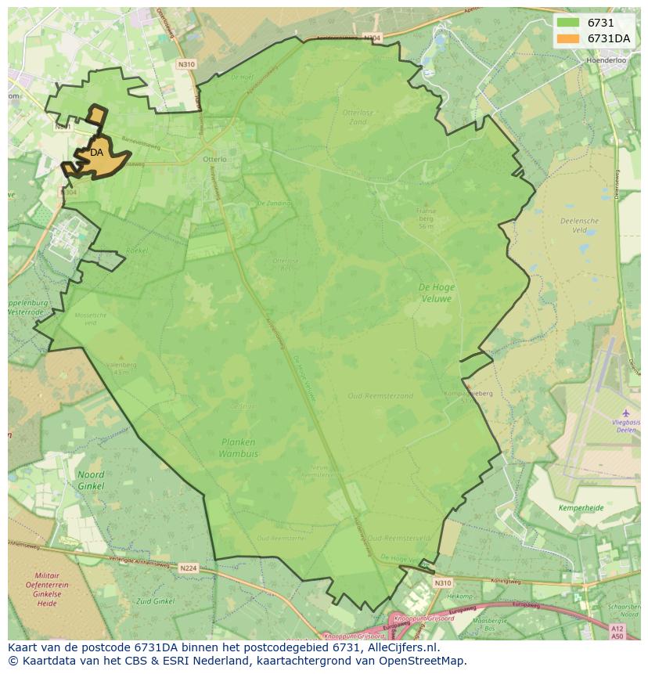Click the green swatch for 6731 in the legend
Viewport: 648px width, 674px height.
(x=568, y=23)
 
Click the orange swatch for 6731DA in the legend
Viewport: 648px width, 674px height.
(x=568, y=38)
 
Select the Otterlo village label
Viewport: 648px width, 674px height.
(x=214, y=159)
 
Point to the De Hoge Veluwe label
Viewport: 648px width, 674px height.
(x=436, y=293)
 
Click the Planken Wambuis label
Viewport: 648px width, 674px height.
(x=239, y=448)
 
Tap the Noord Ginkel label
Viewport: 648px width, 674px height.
(x=91, y=481)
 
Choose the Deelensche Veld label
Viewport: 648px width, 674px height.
(x=579, y=225)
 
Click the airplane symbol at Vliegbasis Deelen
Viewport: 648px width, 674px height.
(x=625, y=413)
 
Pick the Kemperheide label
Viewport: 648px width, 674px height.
(x=581, y=508)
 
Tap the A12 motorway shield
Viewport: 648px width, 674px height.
(x=617, y=629)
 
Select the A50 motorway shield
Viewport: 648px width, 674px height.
(x=617, y=636)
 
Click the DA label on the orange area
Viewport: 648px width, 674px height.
(x=96, y=153)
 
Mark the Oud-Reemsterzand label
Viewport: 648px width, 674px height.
(x=380, y=396)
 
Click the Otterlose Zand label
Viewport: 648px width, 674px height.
(x=354, y=117)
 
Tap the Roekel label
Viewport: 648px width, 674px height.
(x=136, y=250)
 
